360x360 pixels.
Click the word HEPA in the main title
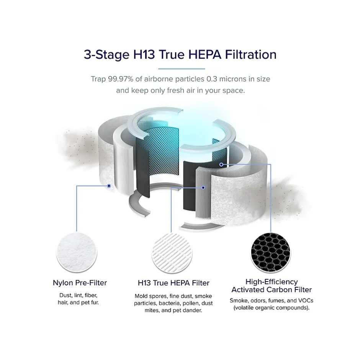tap(205, 54)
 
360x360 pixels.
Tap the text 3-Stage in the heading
tap(106, 55)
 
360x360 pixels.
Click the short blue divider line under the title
tap(182, 69)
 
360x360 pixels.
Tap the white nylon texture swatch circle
tap(77, 252)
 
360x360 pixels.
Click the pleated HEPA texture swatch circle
tap(172, 252)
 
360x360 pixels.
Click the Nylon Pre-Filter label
tap(80, 283)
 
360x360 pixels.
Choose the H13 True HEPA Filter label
tap(173, 283)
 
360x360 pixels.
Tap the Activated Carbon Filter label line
tap(272, 290)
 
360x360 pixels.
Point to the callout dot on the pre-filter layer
tap(109, 186)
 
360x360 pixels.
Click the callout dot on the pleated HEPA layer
tap(203, 188)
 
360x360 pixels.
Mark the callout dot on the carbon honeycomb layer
tap(221, 164)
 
